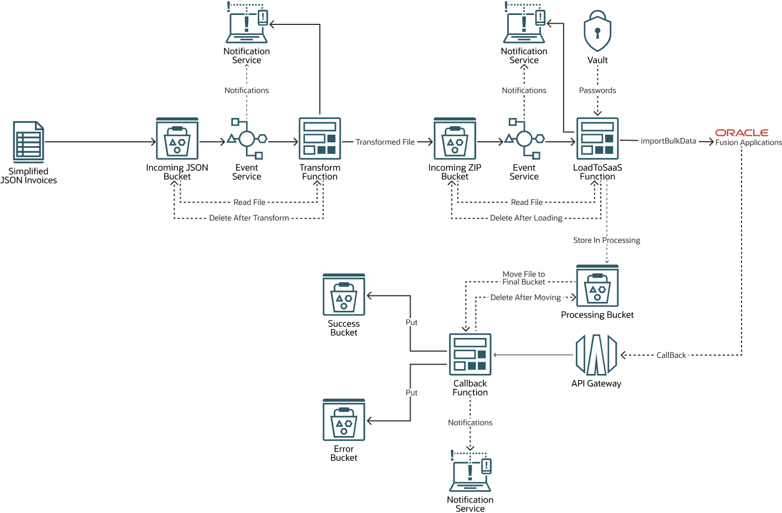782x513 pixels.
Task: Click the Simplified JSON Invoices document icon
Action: [28, 142]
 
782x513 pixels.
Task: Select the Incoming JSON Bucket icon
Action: [177, 138]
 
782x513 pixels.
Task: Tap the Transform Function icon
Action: [320, 138]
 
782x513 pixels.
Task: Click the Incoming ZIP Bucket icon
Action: [454, 138]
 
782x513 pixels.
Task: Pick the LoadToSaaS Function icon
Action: [597, 138]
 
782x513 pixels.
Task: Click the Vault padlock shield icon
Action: [597, 32]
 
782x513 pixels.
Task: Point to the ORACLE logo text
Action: [742, 133]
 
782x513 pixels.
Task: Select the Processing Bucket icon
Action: [597, 285]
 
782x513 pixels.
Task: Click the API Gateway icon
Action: [596, 355]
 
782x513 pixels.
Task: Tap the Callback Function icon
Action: [470, 355]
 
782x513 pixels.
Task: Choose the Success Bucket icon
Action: [344, 295]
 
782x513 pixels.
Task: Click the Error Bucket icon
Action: [344, 420]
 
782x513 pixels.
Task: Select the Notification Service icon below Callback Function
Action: [470, 471]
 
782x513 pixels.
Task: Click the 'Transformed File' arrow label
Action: [385, 142]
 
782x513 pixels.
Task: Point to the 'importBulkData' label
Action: [668, 141]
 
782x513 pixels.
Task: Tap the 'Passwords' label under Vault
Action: [597, 90]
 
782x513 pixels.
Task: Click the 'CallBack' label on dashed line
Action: [671, 355]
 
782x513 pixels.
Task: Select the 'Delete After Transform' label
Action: [249, 218]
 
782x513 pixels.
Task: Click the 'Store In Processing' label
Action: [606, 240]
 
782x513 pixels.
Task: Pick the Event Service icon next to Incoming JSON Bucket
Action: [247, 138]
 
